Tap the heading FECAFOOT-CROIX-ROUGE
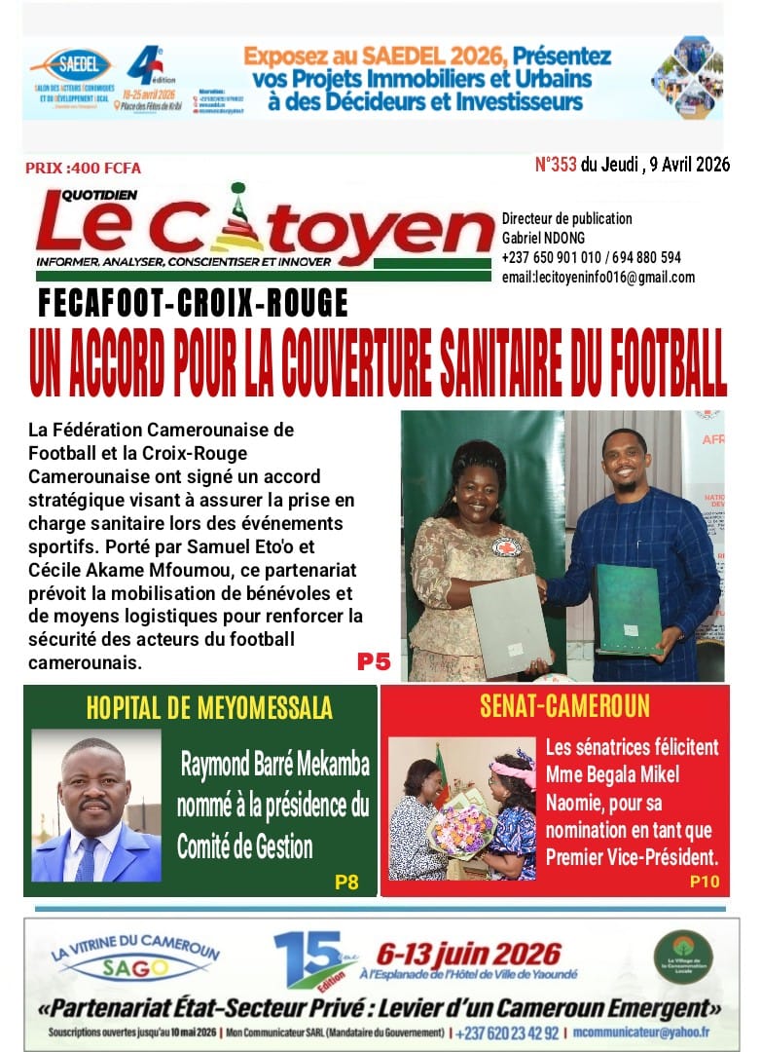[x=193, y=305]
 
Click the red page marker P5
[x=373, y=662]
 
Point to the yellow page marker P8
[x=346, y=883]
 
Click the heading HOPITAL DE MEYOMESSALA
[x=209, y=707]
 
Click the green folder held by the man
[x=628, y=609]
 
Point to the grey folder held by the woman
[x=507, y=623]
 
